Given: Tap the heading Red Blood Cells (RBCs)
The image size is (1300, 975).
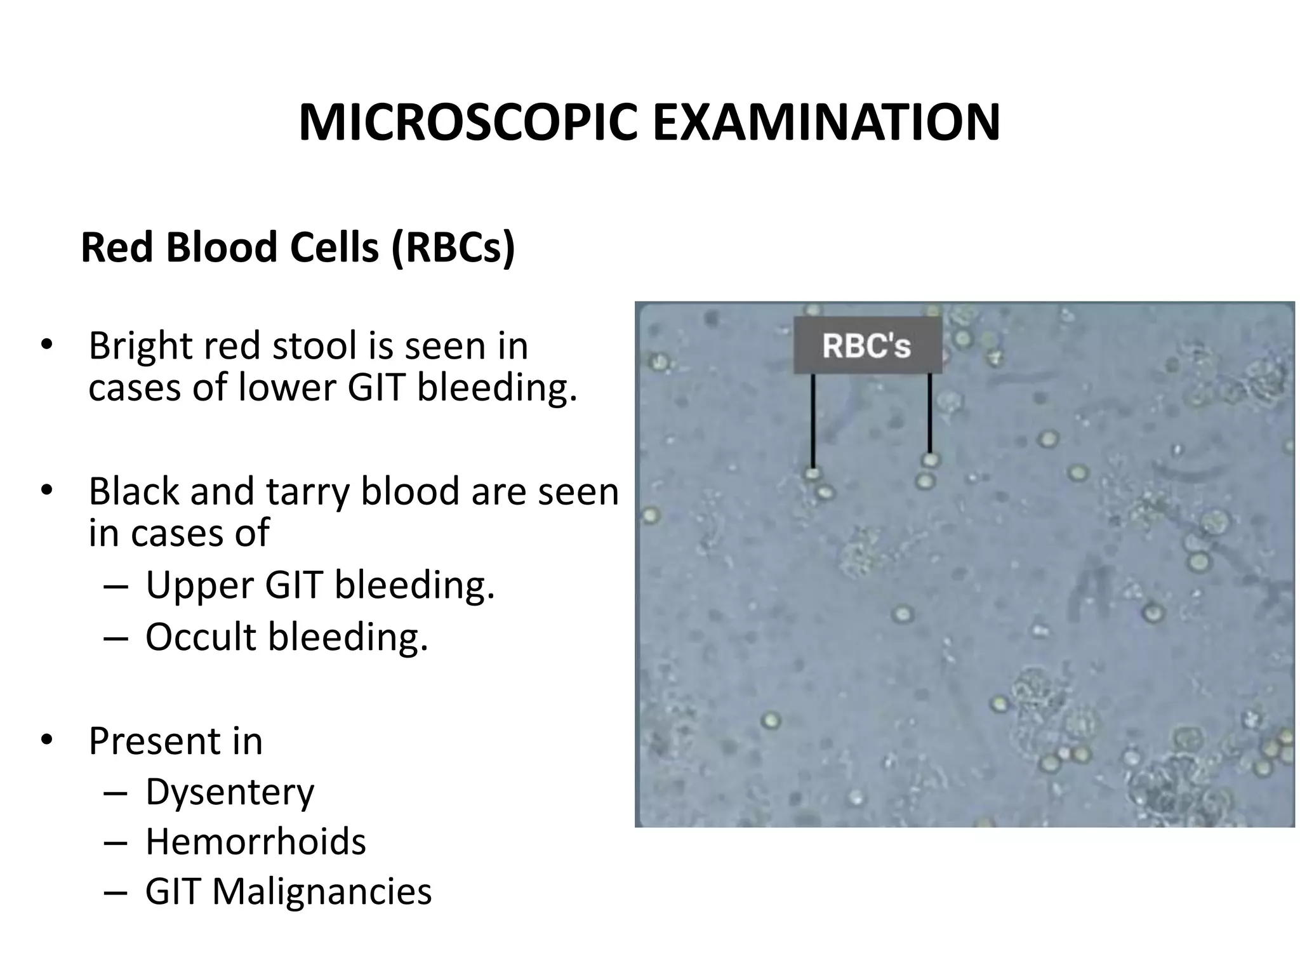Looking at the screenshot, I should (x=298, y=247).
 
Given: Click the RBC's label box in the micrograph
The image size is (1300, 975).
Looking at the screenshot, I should (x=867, y=345).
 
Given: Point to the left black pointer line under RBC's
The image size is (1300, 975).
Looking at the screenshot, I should (x=812, y=420).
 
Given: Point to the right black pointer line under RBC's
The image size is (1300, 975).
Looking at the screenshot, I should (x=929, y=413).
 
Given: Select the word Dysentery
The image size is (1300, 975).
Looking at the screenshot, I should (x=230, y=792).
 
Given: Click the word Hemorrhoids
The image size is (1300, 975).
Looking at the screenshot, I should (x=256, y=842).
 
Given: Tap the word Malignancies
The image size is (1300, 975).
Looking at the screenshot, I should (x=322, y=891).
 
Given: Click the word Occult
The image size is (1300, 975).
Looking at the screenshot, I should (x=201, y=637).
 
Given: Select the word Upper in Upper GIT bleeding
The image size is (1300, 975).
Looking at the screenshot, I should (x=199, y=585).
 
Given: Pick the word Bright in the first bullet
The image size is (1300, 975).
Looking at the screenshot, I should (x=140, y=347).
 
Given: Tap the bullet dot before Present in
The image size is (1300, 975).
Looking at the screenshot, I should (x=46, y=740).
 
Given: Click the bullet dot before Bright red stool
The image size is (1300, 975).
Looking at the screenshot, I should (x=46, y=345).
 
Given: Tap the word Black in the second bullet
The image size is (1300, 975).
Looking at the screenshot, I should (x=134, y=491).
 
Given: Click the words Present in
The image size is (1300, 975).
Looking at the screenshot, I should (x=175, y=741).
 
